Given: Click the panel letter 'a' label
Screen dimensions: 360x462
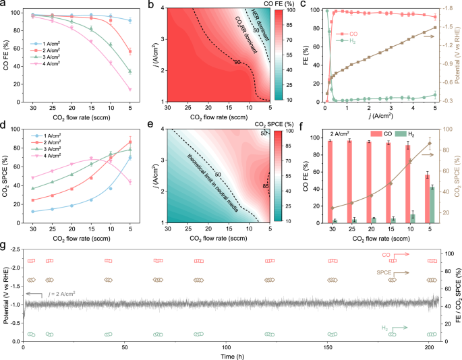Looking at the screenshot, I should (4, 5).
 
